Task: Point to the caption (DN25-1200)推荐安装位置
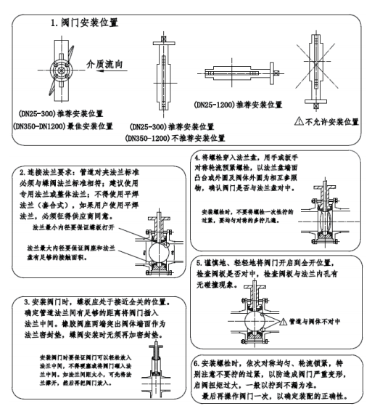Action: pos(241,104)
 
